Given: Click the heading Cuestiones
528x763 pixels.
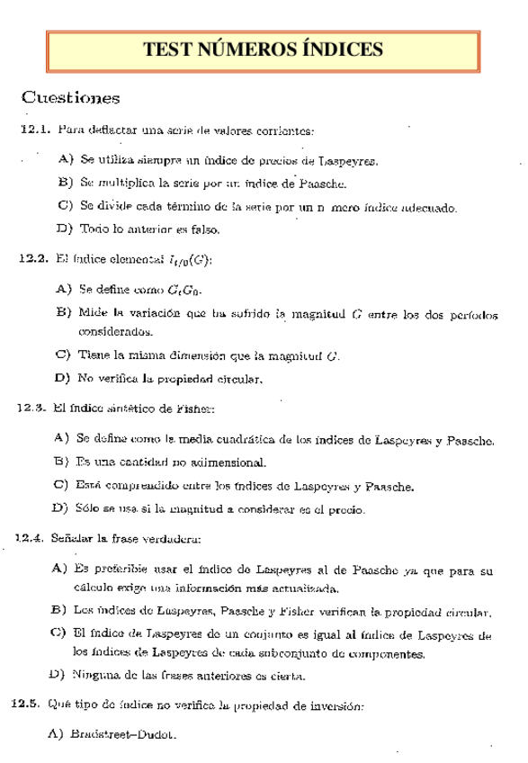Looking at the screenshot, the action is tap(71, 96).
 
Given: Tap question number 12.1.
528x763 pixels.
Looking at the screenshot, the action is tap(33, 130).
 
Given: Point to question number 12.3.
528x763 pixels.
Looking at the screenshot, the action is tap(31, 408).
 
